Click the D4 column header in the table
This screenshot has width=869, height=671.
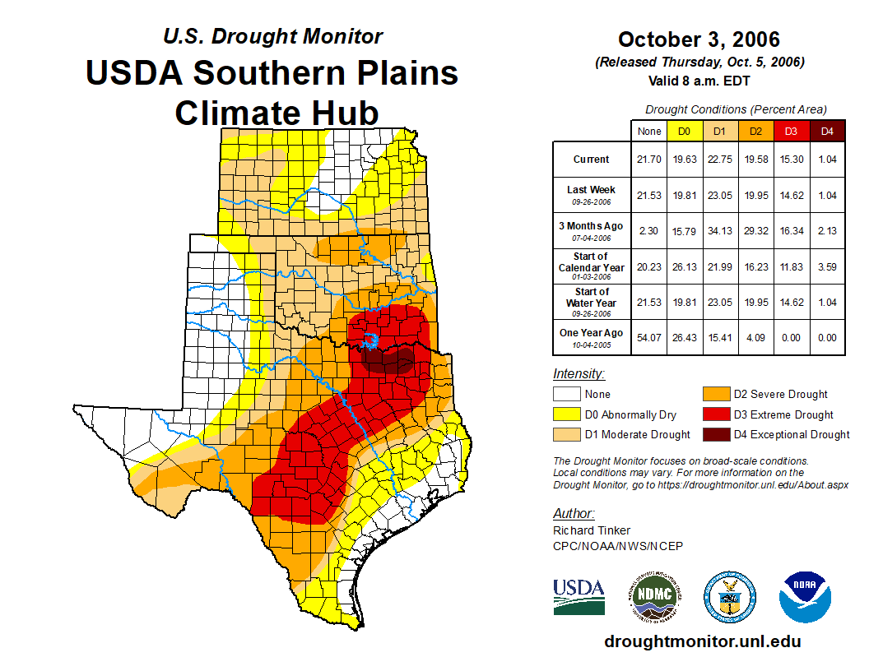[x=827, y=131]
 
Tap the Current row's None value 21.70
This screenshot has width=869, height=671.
[x=649, y=160]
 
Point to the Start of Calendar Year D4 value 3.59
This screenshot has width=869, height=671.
[x=827, y=266]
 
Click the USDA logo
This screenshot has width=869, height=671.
[x=579, y=596]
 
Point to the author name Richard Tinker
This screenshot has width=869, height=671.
[x=592, y=530]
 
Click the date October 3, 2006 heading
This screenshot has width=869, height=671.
[x=699, y=39]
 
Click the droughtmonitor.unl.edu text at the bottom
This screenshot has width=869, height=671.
[x=702, y=641]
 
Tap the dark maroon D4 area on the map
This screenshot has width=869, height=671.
[x=388, y=360]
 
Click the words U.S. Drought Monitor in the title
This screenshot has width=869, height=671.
[x=272, y=37]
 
